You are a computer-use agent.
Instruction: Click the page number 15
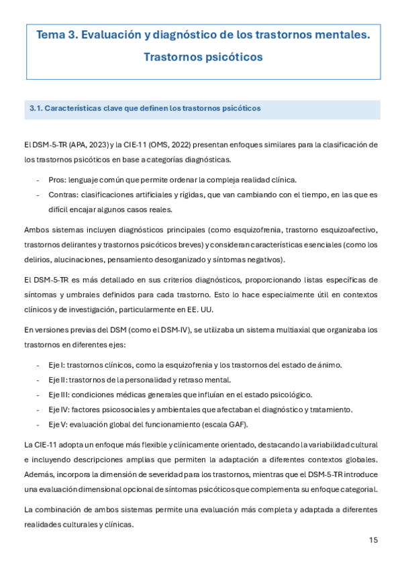click(x=374, y=539)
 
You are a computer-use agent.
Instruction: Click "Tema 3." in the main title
click(x=57, y=35)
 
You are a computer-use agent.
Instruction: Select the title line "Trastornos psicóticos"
click(x=203, y=57)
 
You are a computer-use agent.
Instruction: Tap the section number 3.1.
click(x=36, y=108)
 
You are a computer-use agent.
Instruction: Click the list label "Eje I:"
click(x=58, y=364)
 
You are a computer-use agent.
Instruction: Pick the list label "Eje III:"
click(x=60, y=395)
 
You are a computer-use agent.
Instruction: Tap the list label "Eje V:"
click(x=59, y=424)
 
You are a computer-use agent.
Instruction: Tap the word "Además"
click(x=39, y=474)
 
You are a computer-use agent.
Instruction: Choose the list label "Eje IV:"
click(x=60, y=409)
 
